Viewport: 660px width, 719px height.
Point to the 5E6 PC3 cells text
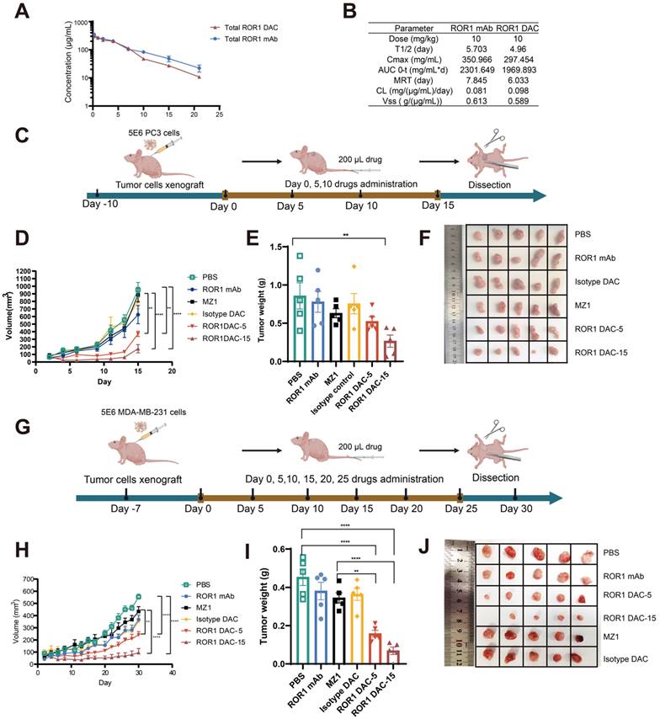tap(144, 133)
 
